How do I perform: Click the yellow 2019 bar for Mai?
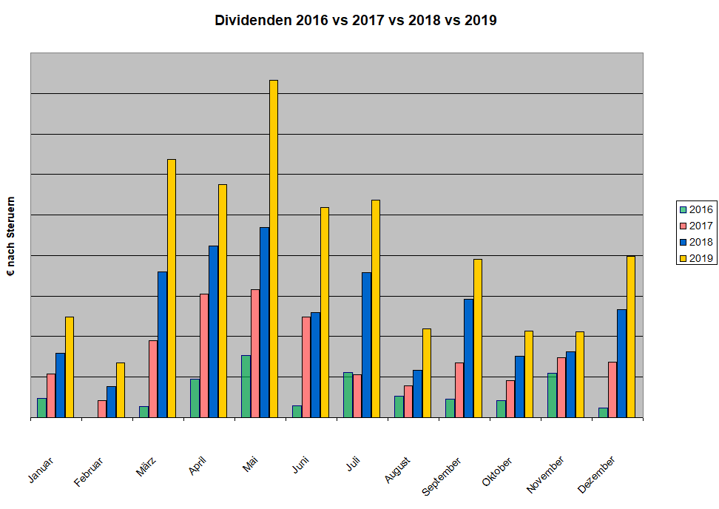(x=274, y=249)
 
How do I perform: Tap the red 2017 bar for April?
(x=204, y=355)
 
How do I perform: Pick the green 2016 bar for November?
(x=552, y=395)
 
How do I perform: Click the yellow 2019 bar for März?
(x=172, y=289)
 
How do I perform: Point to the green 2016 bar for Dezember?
(x=603, y=412)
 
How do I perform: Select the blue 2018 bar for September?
(x=468, y=358)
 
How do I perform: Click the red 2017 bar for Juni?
(x=306, y=367)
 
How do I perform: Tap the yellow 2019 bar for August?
(x=427, y=373)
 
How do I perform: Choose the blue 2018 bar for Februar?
(x=111, y=402)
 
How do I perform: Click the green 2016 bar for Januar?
(x=41, y=408)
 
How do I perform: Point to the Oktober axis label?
(x=498, y=471)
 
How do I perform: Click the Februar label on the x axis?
(x=89, y=471)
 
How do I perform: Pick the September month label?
(x=442, y=476)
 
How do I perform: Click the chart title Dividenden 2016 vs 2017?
(x=356, y=21)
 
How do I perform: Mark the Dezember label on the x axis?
(x=596, y=474)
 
